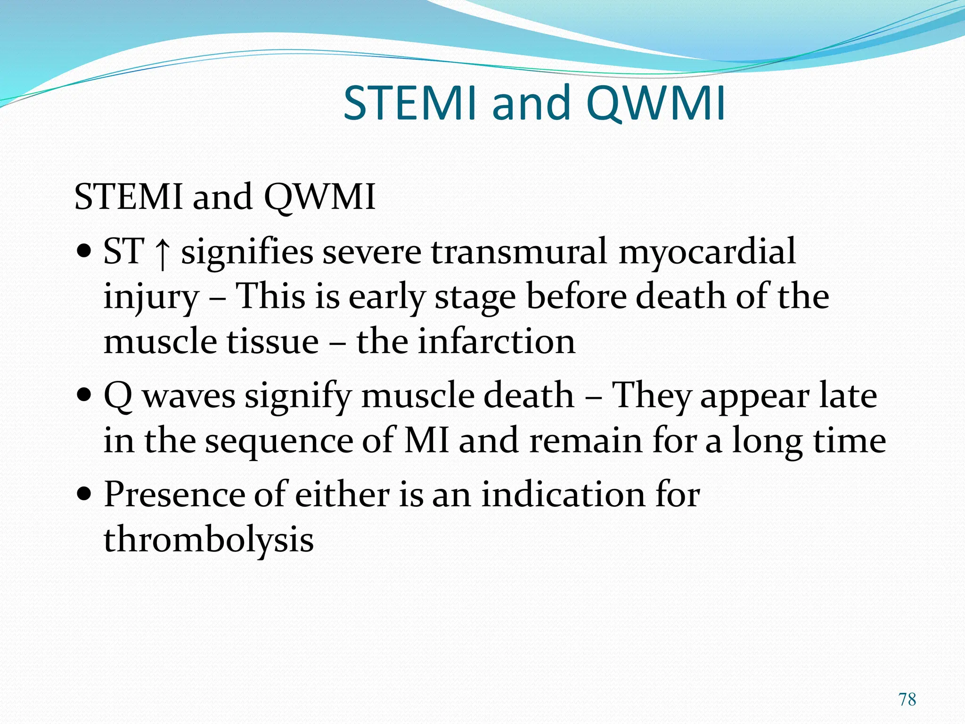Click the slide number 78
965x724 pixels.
point(907,699)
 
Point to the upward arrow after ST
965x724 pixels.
point(162,254)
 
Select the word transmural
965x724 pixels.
point(519,251)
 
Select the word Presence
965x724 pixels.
point(174,495)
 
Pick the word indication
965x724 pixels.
point(563,495)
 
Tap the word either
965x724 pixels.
point(342,495)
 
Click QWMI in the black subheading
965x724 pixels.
point(319,197)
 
